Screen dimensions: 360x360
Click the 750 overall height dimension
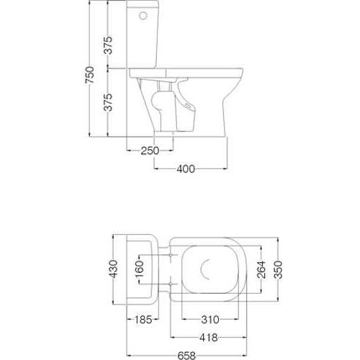click(90, 75)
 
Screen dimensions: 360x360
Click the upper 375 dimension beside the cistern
click(108, 45)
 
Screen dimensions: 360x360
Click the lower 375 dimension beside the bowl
click(108, 102)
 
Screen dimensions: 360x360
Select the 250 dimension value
click(150, 150)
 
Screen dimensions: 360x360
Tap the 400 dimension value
click(186, 169)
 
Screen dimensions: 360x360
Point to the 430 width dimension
click(114, 269)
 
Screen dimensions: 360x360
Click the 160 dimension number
click(139, 269)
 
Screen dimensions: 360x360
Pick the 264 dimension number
click(261, 269)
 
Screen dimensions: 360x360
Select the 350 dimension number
click(278, 269)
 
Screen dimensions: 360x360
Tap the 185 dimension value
click(143, 320)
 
